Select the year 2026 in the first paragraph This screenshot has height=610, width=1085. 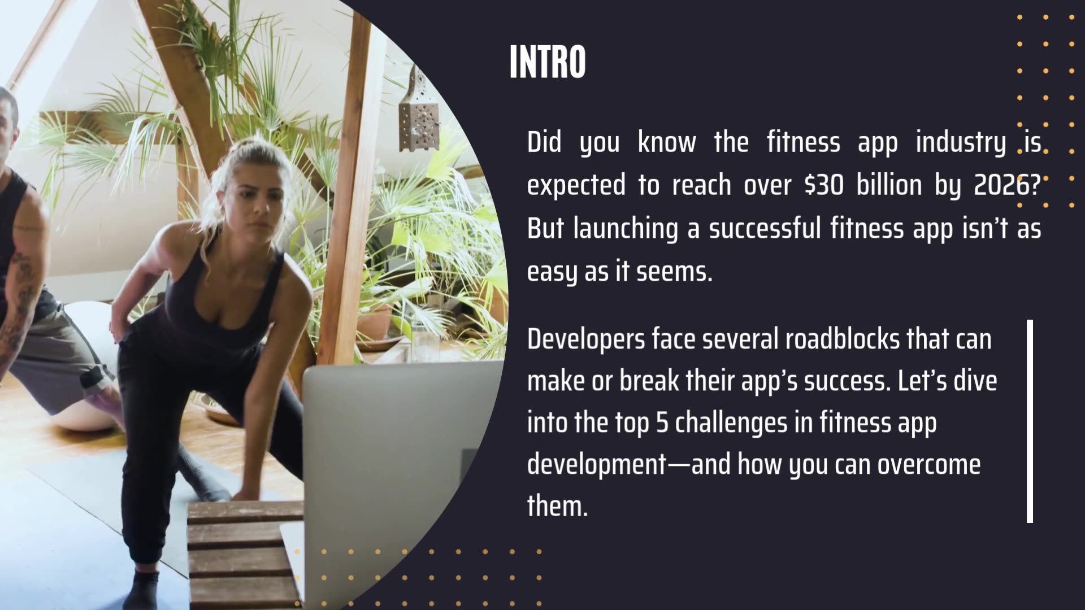click(x=1007, y=185)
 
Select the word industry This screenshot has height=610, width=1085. click(x=960, y=142)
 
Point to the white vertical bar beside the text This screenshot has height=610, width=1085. click(x=1030, y=421)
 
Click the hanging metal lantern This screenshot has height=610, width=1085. click(x=418, y=110)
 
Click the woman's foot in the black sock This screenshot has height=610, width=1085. click(x=141, y=590)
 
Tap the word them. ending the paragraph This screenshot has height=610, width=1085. click(x=557, y=506)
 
